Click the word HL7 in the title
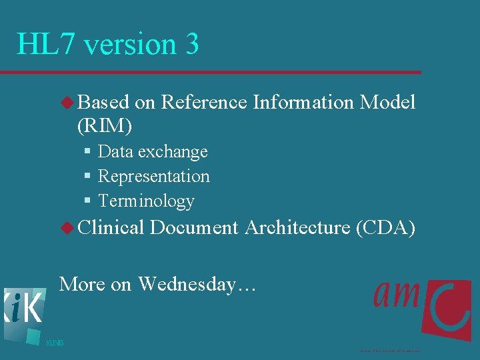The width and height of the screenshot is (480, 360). (45, 45)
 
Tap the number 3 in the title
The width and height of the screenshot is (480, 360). (191, 45)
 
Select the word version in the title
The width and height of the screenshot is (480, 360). (130, 45)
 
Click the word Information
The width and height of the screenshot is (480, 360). (303, 102)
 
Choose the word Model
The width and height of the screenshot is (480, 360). (387, 102)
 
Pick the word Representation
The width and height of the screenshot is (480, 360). (154, 176)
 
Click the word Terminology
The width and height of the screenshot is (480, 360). (146, 201)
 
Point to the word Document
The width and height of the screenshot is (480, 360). (194, 227)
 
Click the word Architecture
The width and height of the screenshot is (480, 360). (297, 227)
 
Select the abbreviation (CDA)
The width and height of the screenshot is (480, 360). (385, 227)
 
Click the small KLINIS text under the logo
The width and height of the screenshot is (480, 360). (55, 343)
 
